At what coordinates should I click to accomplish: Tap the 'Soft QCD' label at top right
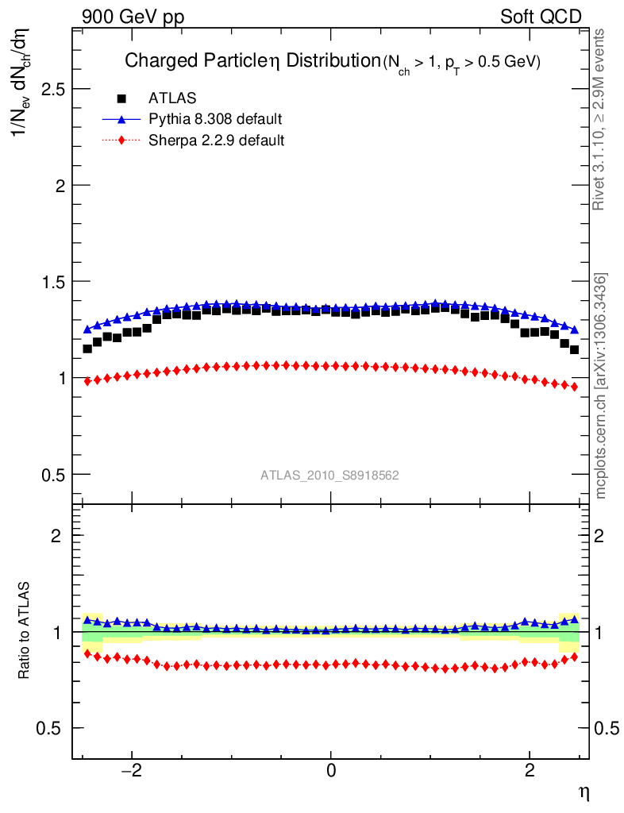[541, 17]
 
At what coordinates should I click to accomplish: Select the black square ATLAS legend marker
[121, 98]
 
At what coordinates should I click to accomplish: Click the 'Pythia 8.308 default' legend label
[215, 120]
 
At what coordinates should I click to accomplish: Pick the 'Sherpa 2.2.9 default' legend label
[217, 141]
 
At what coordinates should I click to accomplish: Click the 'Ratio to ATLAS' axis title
[25, 631]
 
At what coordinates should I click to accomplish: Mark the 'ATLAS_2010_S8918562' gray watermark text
[329, 476]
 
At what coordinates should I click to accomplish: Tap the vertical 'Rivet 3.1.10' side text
[600, 119]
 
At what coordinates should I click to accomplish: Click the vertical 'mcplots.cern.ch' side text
[601, 386]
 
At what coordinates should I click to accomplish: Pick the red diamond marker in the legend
[121, 141]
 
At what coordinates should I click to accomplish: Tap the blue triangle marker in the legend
[121, 119]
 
